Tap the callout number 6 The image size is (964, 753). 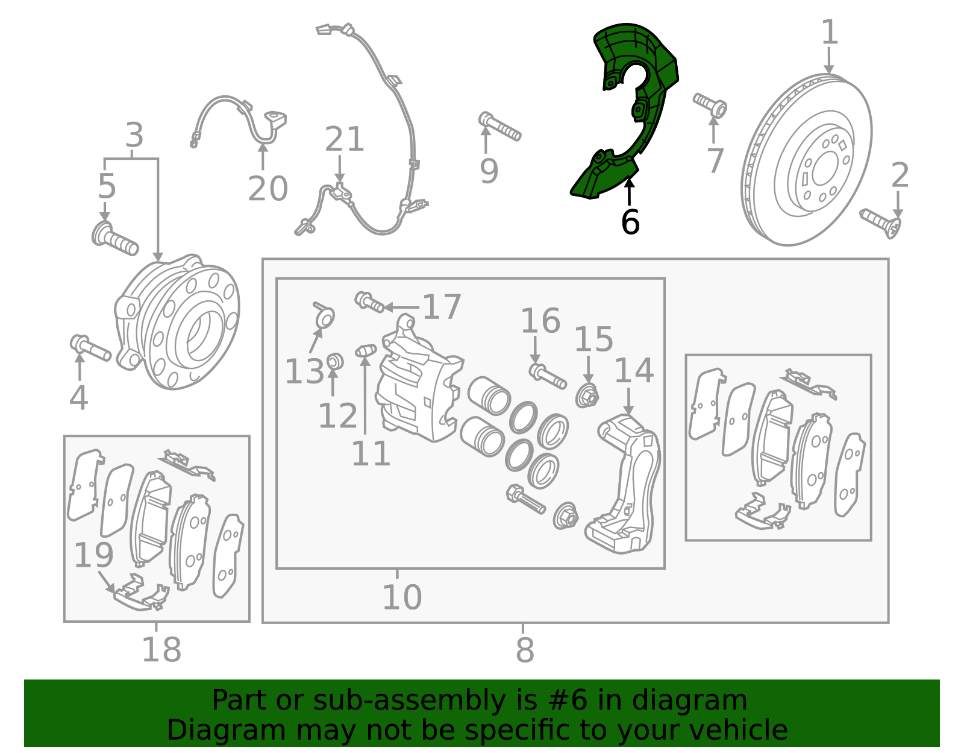point(630,222)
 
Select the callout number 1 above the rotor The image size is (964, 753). point(830,31)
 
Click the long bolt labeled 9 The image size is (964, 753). point(499,127)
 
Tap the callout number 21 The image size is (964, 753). point(344,139)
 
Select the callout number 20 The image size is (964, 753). point(268,189)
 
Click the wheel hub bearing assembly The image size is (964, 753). point(178,322)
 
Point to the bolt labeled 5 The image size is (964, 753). point(115,239)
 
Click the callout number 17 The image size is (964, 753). point(442,307)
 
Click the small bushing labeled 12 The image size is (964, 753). point(335,361)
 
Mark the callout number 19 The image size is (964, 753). point(93,555)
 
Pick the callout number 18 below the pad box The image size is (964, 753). point(161,650)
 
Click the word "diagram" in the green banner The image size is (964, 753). point(689,701)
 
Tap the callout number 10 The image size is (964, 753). point(402,597)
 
